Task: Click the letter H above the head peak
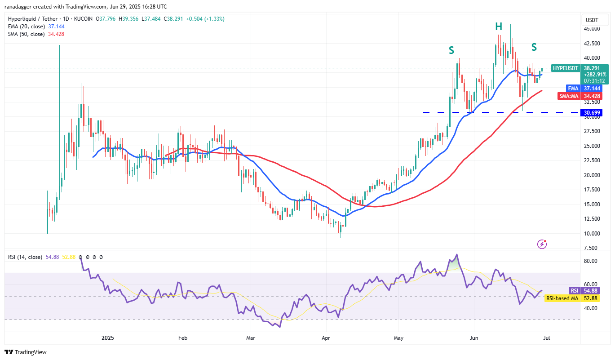(499, 27)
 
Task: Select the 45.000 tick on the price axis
(591, 29)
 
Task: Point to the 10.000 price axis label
(591, 233)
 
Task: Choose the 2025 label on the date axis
(108, 338)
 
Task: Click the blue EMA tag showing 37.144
(572, 89)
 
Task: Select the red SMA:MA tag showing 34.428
(567, 96)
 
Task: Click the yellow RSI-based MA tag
(562, 298)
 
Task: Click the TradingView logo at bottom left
(26, 352)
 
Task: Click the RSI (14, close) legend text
(25, 257)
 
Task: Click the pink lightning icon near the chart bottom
(542, 244)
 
